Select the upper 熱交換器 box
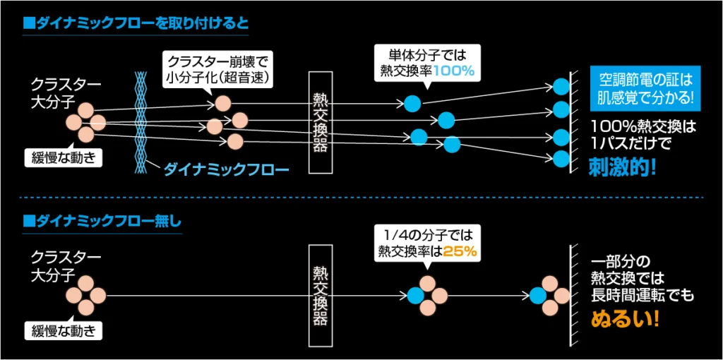pos(320,121)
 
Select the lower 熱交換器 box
pos(320,295)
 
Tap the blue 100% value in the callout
pos(453,71)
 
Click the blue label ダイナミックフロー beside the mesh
pos(227,169)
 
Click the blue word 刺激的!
pos(622,167)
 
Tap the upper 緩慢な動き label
pos(64,157)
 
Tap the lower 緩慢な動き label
pos(64,330)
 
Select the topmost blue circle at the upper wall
pos(561,86)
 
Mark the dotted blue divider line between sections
pos(361,197)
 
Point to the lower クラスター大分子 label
pos(56,265)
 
